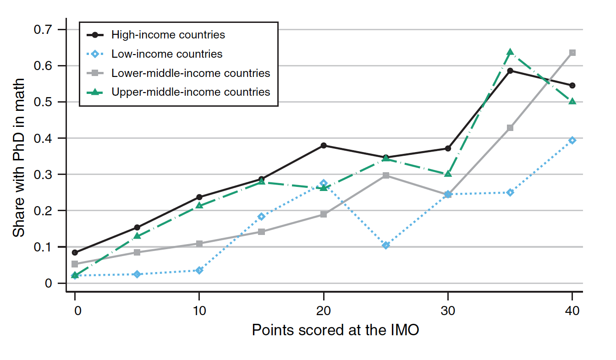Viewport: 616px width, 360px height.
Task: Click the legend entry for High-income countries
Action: (x=168, y=35)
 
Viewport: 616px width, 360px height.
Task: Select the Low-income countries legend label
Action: (x=167, y=54)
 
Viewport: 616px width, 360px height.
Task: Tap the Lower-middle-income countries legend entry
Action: (x=191, y=73)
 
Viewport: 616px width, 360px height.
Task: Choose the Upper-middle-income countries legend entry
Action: (x=191, y=92)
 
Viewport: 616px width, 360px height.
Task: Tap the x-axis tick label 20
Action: (x=324, y=311)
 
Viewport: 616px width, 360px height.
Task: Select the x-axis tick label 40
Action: (x=572, y=311)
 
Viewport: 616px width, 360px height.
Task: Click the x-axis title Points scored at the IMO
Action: (x=335, y=330)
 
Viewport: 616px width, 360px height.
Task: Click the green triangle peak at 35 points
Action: (x=510, y=52)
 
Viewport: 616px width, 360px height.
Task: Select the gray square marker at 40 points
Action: (x=572, y=53)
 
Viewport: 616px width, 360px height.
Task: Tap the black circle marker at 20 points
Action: (x=324, y=146)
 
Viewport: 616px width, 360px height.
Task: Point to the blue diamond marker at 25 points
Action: (x=386, y=245)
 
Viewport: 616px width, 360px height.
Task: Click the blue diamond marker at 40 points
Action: (x=572, y=141)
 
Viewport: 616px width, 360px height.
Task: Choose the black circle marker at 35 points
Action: (x=510, y=71)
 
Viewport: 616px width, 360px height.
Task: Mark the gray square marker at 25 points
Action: (x=386, y=175)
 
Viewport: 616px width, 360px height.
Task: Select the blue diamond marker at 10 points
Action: (x=199, y=270)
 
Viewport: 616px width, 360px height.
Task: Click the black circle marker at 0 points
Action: (x=75, y=253)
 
